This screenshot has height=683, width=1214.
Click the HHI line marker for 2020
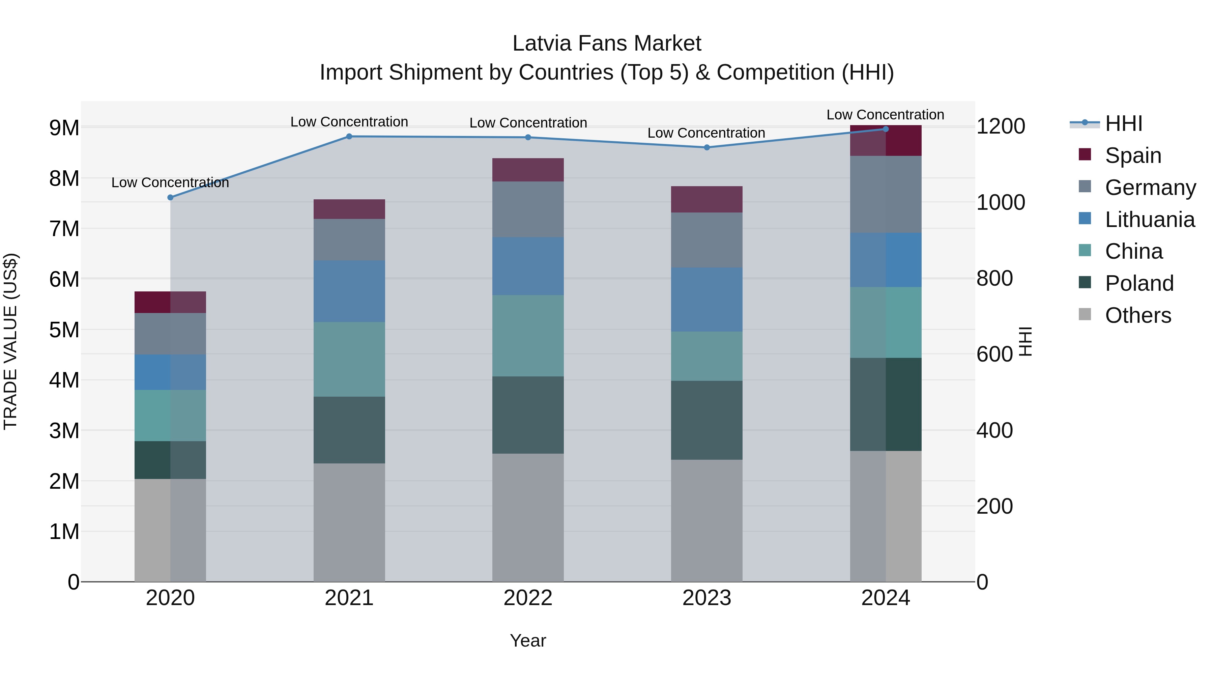pos(170,198)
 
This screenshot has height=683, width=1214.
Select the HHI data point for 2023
pos(706,147)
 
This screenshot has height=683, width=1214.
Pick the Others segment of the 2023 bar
pos(706,520)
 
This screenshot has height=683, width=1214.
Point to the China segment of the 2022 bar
pos(528,336)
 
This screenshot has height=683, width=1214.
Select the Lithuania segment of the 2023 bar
pos(706,299)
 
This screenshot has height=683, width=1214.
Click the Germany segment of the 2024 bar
pos(886,194)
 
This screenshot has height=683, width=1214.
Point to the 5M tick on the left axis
pos(64,330)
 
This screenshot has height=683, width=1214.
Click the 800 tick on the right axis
pos(994,278)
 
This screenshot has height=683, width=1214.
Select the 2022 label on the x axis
pos(528,598)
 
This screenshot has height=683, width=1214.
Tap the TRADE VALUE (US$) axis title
pos(11,341)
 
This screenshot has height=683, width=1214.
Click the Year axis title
pos(528,641)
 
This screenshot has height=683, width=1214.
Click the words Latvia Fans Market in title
pos(607,44)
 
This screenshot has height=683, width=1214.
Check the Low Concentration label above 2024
pos(885,115)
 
